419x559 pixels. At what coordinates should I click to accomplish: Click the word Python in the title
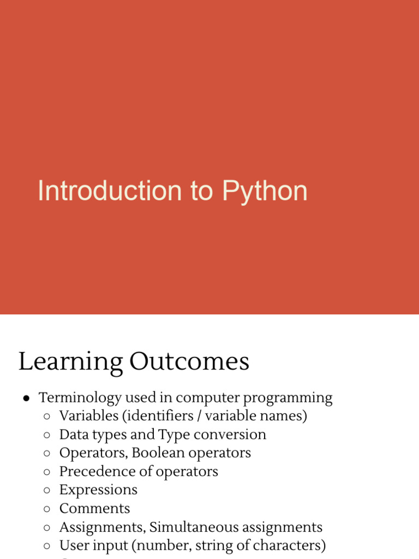(x=265, y=192)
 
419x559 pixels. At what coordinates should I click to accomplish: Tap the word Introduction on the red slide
(x=109, y=192)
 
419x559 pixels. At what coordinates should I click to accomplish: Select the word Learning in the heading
(x=70, y=362)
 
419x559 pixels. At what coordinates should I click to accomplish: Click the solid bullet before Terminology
(x=26, y=399)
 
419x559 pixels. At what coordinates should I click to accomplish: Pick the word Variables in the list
(x=89, y=416)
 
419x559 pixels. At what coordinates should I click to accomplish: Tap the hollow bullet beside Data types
(x=47, y=435)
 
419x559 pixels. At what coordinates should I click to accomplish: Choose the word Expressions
(x=98, y=490)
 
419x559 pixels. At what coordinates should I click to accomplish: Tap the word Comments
(x=94, y=509)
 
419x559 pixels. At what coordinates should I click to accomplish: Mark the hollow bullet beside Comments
(x=47, y=509)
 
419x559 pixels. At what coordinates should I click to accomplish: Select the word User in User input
(x=73, y=545)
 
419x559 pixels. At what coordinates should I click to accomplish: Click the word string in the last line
(x=209, y=546)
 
